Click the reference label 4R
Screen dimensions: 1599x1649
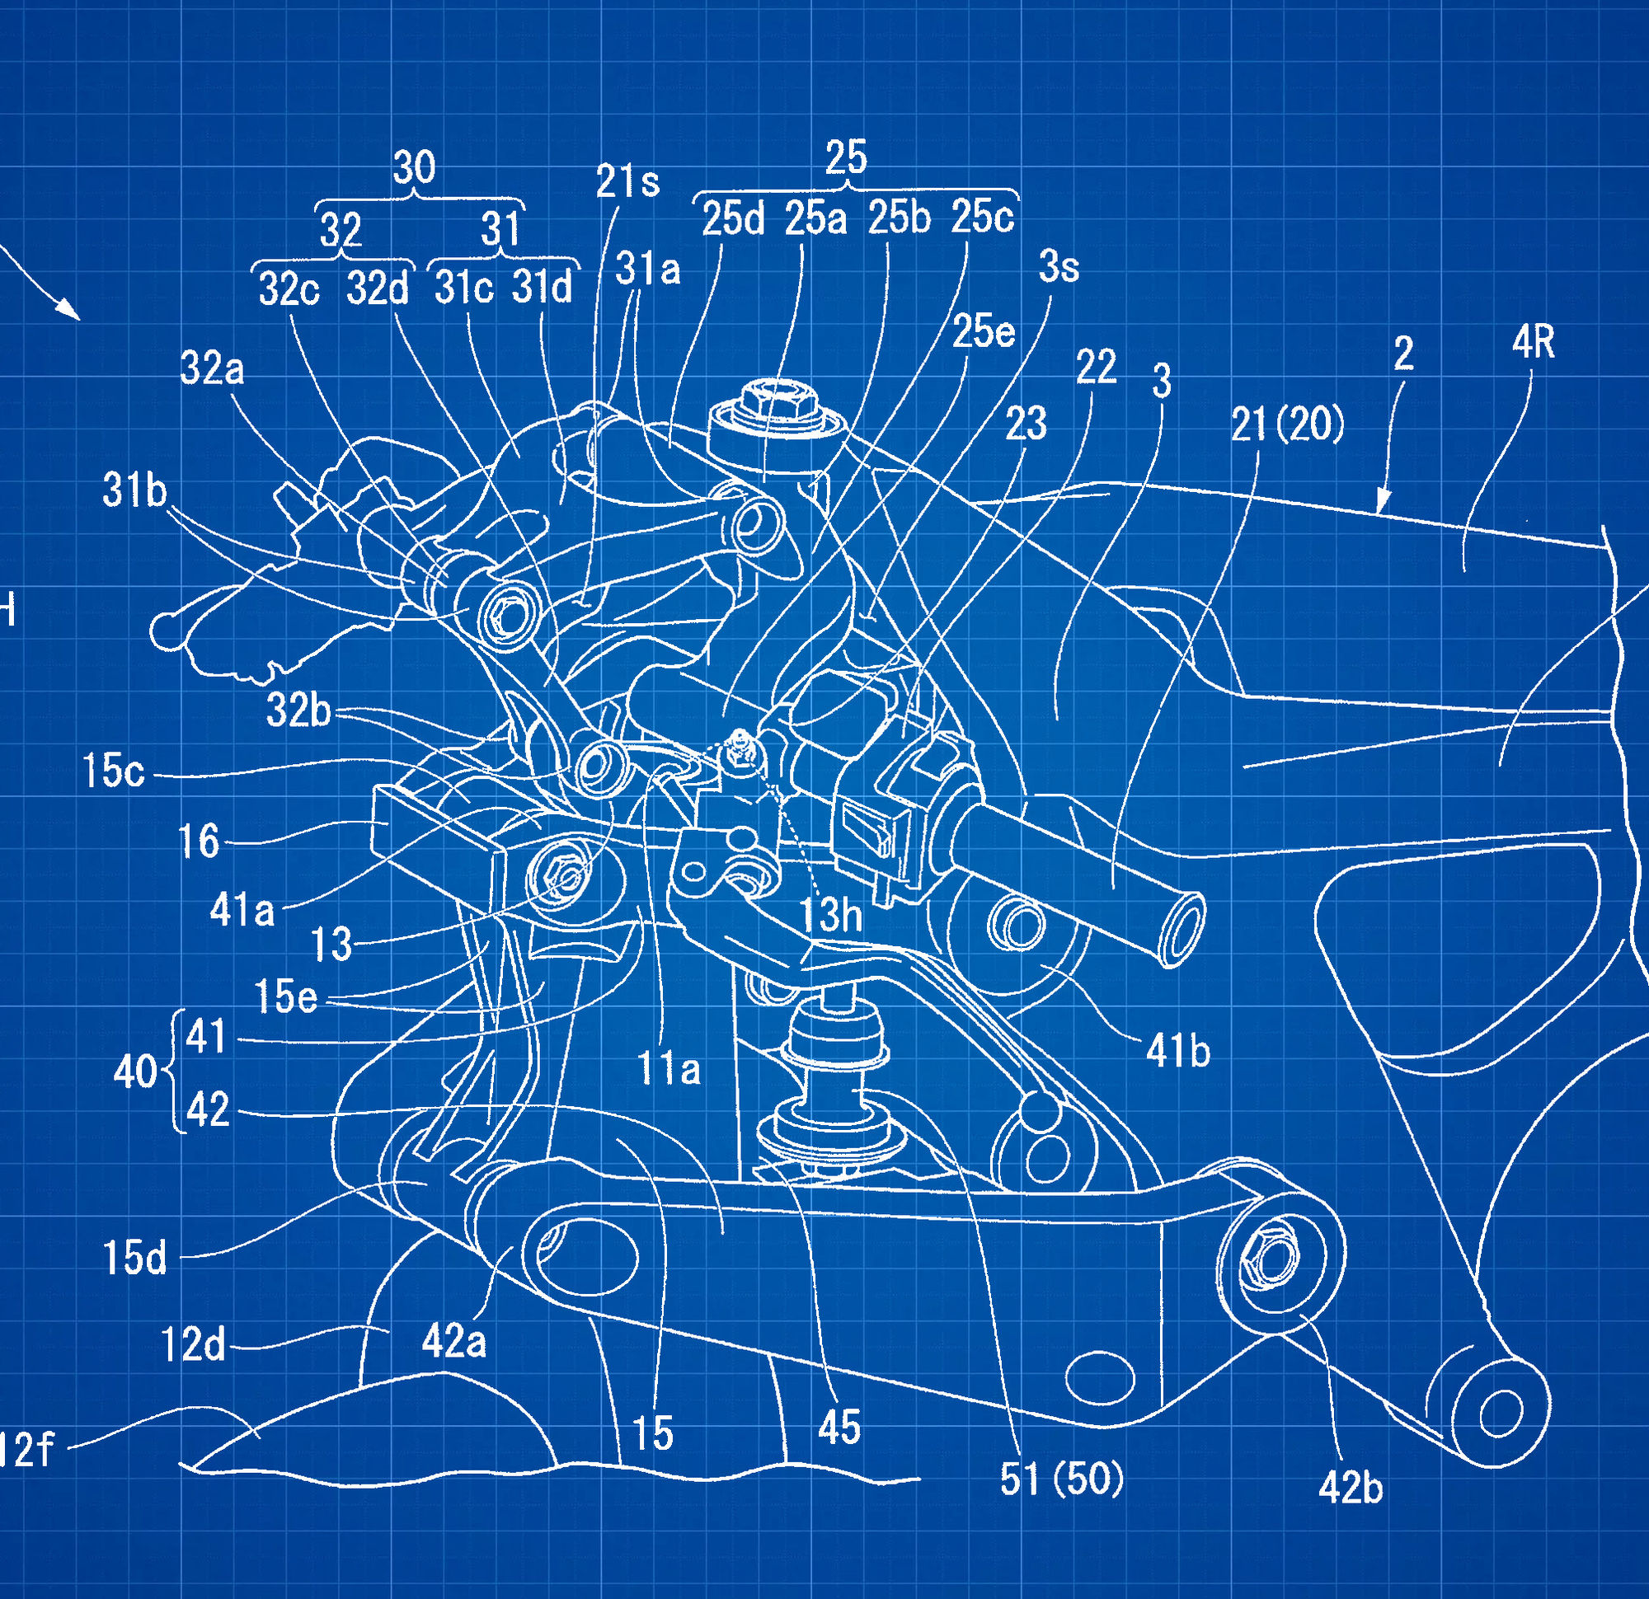(x=1532, y=343)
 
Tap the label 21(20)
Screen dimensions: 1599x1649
(x=1287, y=424)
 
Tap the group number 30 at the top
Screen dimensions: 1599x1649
(x=414, y=167)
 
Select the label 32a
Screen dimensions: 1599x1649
(x=211, y=369)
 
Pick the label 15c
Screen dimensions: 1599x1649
(x=114, y=771)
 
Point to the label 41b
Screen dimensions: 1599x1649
(x=1178, y=1050)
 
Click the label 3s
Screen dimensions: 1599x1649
(x=1059, y=268)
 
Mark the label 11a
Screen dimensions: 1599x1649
(x=669, y=1070)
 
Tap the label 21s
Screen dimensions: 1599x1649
(x=627, y=181)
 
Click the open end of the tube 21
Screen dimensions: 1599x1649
(x=1181, y=930)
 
